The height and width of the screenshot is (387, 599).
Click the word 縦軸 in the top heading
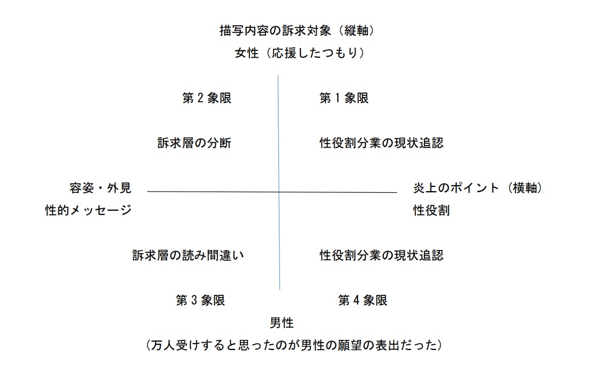click(x=356, y=31)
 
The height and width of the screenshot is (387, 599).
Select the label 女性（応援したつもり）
click(x=299, y=52)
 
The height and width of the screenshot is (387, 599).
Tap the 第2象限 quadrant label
click(x=207, y=98)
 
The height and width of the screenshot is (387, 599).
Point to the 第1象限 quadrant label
click(x=344, y=98)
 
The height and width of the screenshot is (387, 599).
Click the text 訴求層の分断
click(x=194, y=143)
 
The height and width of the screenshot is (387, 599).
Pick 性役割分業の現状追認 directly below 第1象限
click(x=381, y=143)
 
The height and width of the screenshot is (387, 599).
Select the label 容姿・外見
click(x=101, y=188)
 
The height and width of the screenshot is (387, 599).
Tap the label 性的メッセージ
click(x=88, y=210)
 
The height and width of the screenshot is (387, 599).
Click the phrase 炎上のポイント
click(x=456, y=188)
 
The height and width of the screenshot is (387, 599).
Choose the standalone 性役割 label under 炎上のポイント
click(x=431, y=210)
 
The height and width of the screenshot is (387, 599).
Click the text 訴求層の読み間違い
click(x=188, y=255)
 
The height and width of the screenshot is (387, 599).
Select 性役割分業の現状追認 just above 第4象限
click(x=381, y=255)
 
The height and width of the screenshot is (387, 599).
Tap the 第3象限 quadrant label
click(x=200, y=300)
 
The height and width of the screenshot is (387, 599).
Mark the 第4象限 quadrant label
click(x=362, y=300)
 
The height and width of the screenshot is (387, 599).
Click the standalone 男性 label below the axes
click(x=282, y=323)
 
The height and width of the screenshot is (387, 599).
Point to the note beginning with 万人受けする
click(x=294, y=345)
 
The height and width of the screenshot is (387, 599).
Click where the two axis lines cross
click(x=279, y=192)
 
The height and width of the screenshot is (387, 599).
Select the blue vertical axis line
click(x=279, y=183)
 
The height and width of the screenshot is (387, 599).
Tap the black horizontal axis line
click(x=272, y=192)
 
